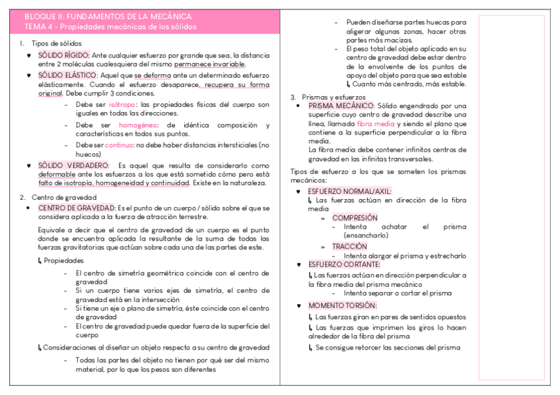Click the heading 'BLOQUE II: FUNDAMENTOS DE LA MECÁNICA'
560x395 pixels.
108,16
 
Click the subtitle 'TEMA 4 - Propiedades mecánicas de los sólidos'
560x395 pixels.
110,27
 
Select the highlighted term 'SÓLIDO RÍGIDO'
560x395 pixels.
63,55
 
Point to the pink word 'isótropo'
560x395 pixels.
123,105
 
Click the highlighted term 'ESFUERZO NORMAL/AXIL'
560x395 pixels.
349,191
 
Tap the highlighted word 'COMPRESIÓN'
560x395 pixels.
355,218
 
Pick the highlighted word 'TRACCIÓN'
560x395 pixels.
349,246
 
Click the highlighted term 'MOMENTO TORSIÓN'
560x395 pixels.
342,305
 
